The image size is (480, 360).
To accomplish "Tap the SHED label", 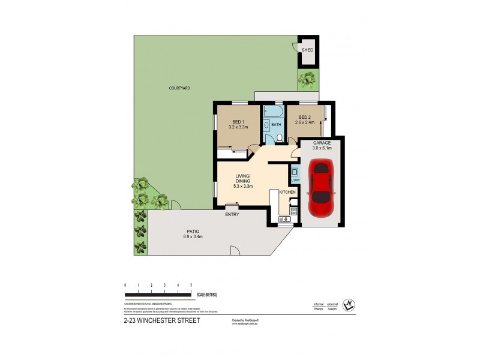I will (307, 50).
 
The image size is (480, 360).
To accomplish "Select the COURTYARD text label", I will (179, 88).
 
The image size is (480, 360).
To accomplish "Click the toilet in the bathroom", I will (279, 139).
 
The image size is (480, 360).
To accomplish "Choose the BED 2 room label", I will (304, 117).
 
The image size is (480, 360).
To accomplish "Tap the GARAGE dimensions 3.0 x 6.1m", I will (322, 149).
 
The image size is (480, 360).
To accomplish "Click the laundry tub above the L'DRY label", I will (295, 171).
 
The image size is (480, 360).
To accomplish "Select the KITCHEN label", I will (288, 192).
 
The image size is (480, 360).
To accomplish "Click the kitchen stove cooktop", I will (293, 211).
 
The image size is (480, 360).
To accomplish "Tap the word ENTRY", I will (232, 214).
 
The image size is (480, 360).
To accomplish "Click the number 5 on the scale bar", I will (191, 284).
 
